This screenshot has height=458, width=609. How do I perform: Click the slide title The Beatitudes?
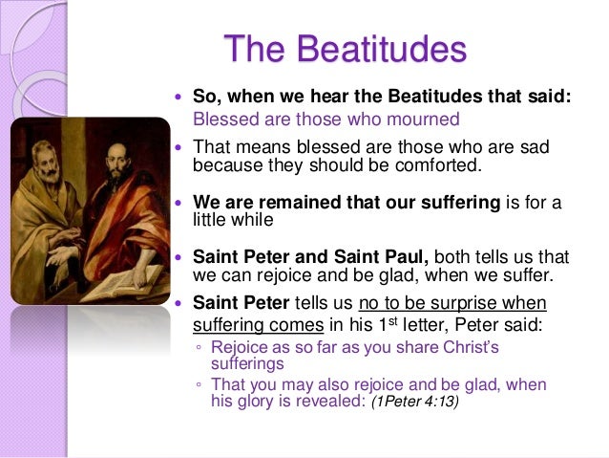click(x=345, y=48)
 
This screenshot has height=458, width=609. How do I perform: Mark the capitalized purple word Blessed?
click(x=220, y=120)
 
